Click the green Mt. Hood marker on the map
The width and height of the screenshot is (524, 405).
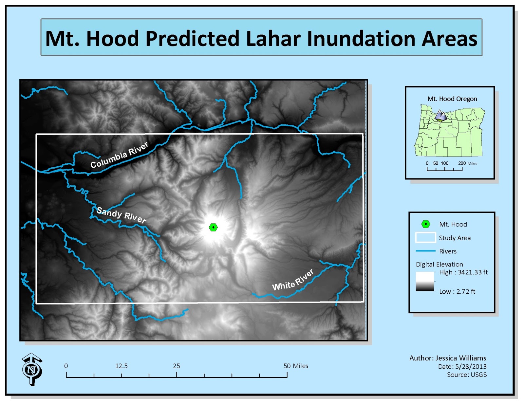[x=213, y=227]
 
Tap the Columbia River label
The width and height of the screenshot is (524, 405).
[x=119, y=155]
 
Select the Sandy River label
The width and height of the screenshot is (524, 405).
[x=121, y=215]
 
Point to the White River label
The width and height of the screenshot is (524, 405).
[x=293, y=281]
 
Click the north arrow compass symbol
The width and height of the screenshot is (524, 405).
[x=32, y=369]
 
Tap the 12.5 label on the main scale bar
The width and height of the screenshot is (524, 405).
[x=121, y=366]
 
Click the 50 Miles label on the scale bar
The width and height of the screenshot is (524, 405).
[x=296, y=366]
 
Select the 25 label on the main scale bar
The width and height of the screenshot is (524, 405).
[x=177, y=366]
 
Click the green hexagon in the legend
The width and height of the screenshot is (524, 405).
[x=425, y=224]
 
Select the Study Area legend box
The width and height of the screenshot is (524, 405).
[x=425, y=237]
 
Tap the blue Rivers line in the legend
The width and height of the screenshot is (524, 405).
[x=425, y=251]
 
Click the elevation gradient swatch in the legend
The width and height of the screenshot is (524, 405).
[x=425, y=282]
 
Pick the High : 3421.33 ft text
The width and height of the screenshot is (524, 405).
[x=463, y=272]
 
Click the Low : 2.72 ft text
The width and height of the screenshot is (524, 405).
[x=457, y=291]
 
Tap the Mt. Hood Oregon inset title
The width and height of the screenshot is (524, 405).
[x=452, y=99]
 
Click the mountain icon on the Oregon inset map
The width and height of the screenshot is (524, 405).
[x=441, y=116]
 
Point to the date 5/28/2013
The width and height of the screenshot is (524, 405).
[x=471, y=366]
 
